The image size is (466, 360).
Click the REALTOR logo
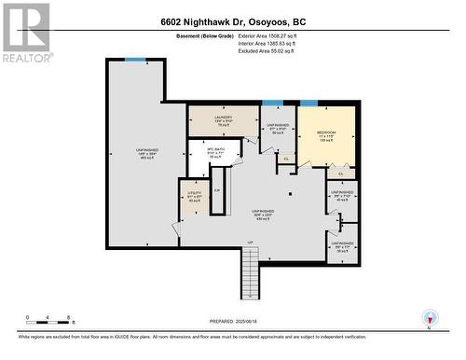click(x=25, y=33)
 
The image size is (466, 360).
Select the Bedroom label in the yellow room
click(x=325, y=133)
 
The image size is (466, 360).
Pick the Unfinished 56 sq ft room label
click(x=278, y=129)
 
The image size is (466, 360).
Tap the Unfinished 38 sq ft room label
click(x=342, y=247)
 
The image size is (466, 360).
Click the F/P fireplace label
click(x=217, y=191)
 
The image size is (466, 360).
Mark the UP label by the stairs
click(x=250, y=243)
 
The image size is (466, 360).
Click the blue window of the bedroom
click(x=308, y=103)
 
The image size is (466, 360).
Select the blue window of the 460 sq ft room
click(x=136, y=61)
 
